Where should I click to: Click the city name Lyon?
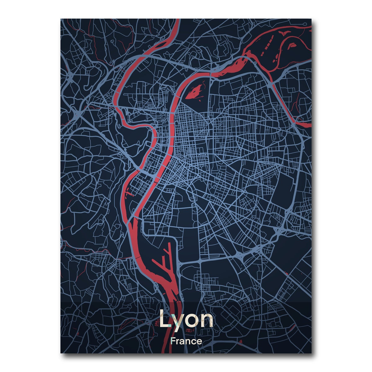[186, 320]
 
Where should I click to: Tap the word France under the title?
[186, 342]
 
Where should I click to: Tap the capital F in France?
[173, 342]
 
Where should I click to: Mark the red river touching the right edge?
[307, 124]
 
